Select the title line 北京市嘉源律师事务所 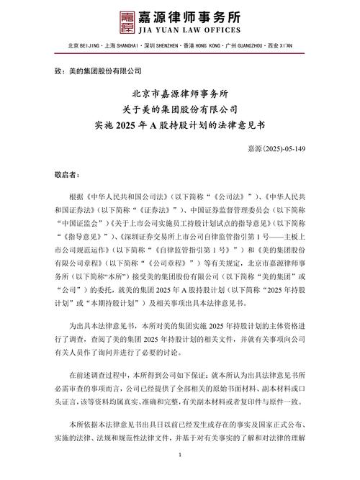point(180,94)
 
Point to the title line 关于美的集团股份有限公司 point(180,109)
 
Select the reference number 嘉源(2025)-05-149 point(285,148)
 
